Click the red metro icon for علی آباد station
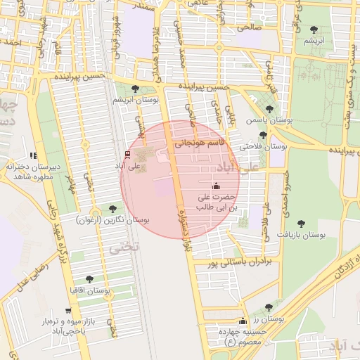tap(127, 154)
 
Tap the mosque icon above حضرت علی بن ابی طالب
tap(215, 186)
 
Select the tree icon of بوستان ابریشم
tap(134, 89)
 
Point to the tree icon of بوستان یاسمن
tap(269, 108)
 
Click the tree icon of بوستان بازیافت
tap(302, 223)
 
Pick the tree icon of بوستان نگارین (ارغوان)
tap(112, 208)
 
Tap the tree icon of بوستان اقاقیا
tap(89, 279)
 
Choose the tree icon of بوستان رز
tap(269, 307)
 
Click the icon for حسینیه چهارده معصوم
tap(243, 321)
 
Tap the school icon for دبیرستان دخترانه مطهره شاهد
tap(32, 155)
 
